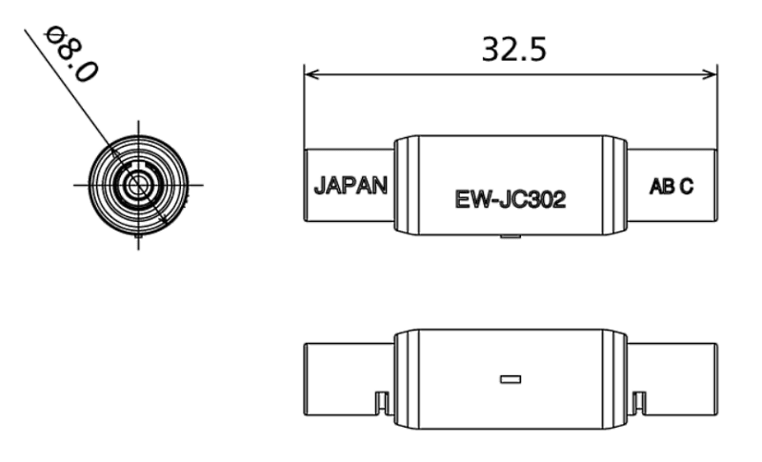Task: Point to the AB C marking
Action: pos(671,186)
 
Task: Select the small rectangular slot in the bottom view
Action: pos(511,379)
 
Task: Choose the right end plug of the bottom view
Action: pos(672,378)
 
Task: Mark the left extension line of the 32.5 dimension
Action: pos(304,110)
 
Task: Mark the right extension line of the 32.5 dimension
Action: pos(715,110)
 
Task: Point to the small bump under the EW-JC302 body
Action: pos(511,241)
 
